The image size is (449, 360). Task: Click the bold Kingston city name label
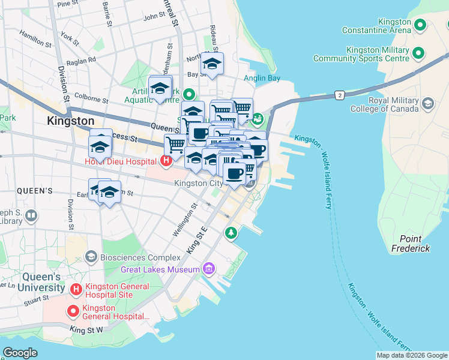(x=71, y=121)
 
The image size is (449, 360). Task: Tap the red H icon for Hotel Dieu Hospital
(x=166, y=161)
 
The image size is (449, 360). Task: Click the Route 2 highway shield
(x=340, y=95)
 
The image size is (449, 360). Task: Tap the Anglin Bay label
(x=262, y=78)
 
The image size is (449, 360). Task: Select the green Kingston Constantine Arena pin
(x=420, y=25)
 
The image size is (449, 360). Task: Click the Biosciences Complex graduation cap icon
(x=91, y=257)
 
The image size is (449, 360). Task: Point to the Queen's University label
(x=43, y=282)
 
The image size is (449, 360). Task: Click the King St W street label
(x=86, y=329)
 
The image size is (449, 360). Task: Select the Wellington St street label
(x=184, y=220)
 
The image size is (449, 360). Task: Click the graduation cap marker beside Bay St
(x=211, y=65)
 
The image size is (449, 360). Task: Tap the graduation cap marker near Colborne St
(x=160, y=88)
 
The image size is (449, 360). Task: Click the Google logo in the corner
(x=20, y=352)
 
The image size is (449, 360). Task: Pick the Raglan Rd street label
(x=83, y=60)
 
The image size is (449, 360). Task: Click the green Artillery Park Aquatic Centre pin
(x=189, y=94)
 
